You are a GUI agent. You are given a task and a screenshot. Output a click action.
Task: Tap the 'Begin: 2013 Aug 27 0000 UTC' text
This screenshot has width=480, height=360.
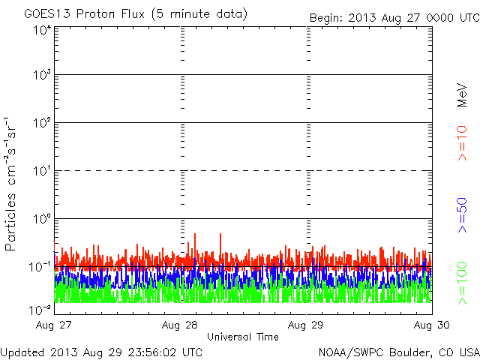click(x=394, y=17)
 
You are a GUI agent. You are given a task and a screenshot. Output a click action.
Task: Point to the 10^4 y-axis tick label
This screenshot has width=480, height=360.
click(x=40, y=31)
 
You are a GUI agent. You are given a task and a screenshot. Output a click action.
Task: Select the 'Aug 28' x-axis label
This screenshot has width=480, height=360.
click(x=181, y=326)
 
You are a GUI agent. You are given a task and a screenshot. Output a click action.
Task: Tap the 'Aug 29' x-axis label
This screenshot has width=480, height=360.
click(x=307, y=326)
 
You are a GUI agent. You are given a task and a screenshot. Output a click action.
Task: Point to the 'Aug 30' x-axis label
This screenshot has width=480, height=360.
click(x=433, y=326)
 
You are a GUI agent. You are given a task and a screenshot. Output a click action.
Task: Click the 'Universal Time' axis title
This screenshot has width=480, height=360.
click(x=242, y=337)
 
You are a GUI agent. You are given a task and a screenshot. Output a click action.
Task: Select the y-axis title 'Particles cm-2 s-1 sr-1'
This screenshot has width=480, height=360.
click(x=12, y=184)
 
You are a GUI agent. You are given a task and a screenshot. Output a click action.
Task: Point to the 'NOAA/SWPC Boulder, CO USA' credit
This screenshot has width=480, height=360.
click(x=398, y=352)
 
